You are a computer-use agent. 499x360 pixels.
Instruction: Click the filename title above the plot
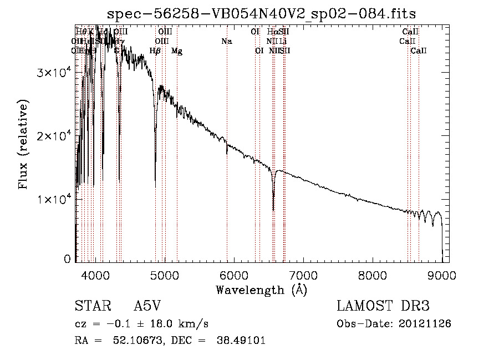262,13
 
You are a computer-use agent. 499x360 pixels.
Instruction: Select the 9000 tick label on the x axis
442,275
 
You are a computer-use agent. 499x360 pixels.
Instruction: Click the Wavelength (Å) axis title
262,290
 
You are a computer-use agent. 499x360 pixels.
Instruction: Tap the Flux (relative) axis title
24,145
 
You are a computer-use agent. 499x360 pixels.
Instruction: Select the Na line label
226,41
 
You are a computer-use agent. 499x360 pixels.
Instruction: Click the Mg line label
177,51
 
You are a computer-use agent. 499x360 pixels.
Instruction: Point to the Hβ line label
155,51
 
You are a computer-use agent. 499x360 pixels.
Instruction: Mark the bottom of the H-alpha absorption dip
273,210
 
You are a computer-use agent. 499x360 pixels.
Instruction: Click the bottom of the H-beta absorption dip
155,186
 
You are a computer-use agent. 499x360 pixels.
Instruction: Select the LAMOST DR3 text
383,307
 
